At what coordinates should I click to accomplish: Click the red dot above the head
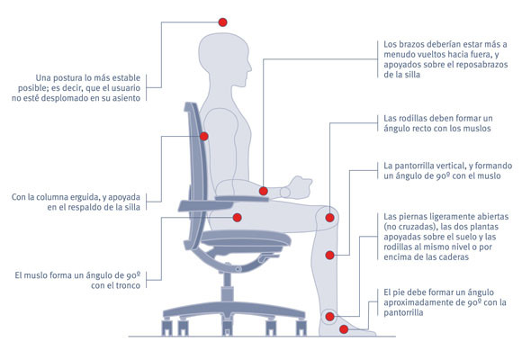tap(222, 22)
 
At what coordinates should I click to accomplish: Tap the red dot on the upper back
tap(204, 136)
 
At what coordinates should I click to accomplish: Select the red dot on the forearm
tap(264, 191)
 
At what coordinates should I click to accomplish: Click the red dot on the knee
tap(329, 218)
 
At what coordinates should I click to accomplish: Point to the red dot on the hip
tap(237, 218)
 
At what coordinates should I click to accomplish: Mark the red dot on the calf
tap(329, 256)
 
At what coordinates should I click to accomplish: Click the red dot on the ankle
tap(329, 317)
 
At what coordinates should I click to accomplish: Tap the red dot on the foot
tap(344, 329)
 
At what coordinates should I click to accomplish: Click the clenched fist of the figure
tap(301, 187)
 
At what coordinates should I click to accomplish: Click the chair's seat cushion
tap(246, 238)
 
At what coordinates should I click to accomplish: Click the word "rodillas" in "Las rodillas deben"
tap(412, 118)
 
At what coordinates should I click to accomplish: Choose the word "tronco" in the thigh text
tap(128, 285)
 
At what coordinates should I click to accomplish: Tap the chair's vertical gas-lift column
tap(227, 288)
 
